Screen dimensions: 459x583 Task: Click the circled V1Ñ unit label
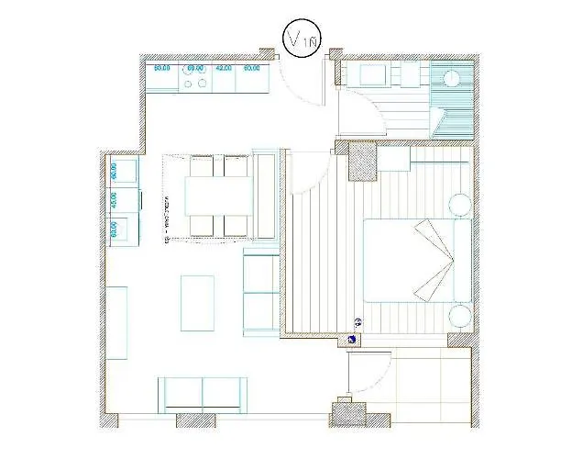click(301, 39)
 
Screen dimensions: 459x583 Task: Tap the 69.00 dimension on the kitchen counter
click(194, 68)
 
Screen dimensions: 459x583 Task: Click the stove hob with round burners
click(194, 83)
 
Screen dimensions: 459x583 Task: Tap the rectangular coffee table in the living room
click(197, 303)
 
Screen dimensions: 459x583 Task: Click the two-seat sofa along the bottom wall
click(203, 394)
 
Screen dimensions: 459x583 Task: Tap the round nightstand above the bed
click(459, 204)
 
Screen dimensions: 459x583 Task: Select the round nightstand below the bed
click(459, 318)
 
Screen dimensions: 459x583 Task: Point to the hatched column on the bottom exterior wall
click(343, 413)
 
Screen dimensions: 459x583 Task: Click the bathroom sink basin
click(375, 74)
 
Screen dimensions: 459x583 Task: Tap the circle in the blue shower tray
click(449, 79)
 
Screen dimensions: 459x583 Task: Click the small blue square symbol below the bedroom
click(354, 339)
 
